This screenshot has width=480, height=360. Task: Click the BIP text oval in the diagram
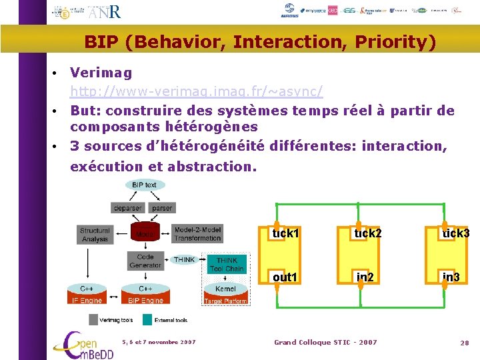144,185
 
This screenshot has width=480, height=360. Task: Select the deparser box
127,208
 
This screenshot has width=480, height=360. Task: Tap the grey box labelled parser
162,208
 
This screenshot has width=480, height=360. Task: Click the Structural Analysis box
95,235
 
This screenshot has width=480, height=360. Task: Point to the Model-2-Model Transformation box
197,234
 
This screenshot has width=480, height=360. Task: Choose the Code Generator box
145,261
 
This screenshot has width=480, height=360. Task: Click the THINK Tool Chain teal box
227,265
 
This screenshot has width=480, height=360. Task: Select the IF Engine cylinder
87,295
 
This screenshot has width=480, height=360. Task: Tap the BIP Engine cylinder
145,295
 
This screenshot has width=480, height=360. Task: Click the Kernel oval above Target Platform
226,289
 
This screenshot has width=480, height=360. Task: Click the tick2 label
368,233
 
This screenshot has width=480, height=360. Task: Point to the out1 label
285,277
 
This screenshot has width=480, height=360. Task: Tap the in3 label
451,277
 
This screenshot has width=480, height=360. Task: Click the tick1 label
285,233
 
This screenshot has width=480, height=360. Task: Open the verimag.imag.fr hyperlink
197,90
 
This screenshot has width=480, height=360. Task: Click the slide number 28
465,343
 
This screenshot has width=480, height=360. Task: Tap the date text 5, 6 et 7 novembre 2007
159,342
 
